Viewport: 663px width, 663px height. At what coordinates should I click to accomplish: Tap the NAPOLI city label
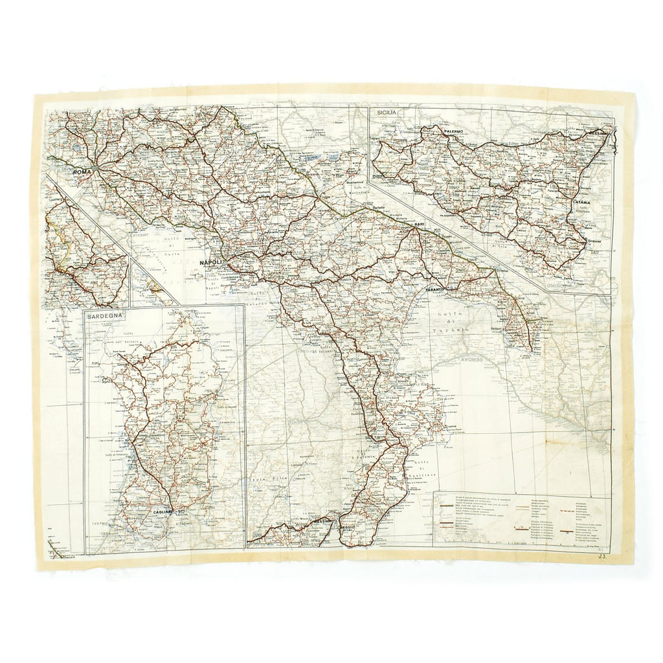pyautogui.click(x=212, y=262)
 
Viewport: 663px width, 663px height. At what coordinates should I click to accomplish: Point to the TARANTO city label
pyautogui.click(x=437, y=289)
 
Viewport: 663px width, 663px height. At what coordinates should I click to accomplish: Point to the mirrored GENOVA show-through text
pyautogui.click(x=475, y=357)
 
